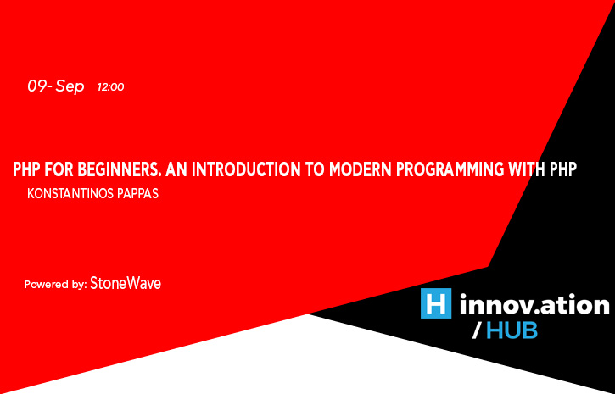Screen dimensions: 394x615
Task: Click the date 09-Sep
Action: tap(55, 86)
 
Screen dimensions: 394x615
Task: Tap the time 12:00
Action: tap(111, 87)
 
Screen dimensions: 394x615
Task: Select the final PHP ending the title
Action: tap(562, 169)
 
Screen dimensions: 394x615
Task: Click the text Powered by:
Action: tap(55, 285)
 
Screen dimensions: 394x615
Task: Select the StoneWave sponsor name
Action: tap(126, 284)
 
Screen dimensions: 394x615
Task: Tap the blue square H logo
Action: tap(436, 303)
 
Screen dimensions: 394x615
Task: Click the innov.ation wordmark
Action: tap(534, 303)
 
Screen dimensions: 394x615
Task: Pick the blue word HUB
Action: tap(512, 330)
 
